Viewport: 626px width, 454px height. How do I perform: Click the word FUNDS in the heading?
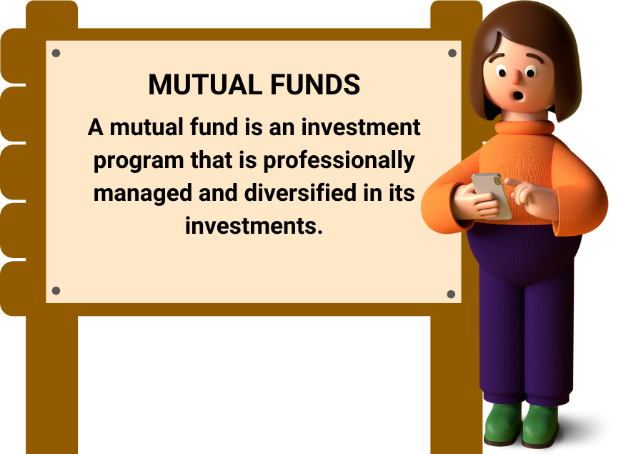315,84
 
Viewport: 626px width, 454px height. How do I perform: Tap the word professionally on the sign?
339,162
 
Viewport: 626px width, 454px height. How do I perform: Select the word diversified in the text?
300,193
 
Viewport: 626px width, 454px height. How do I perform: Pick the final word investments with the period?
254,226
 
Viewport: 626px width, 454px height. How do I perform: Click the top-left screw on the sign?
56,53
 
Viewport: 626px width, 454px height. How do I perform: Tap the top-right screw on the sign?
452,53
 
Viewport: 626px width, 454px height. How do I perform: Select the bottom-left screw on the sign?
56,290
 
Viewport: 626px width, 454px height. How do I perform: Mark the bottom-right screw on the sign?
451,295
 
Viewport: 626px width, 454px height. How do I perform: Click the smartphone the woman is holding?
492,196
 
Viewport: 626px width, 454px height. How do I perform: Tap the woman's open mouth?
518,97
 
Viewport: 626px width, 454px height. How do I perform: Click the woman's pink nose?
516,77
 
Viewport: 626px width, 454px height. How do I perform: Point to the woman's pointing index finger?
515,183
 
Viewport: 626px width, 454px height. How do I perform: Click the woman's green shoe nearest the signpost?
502,424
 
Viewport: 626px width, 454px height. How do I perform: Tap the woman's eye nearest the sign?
502,73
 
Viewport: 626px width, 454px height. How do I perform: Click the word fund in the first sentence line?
215,127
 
